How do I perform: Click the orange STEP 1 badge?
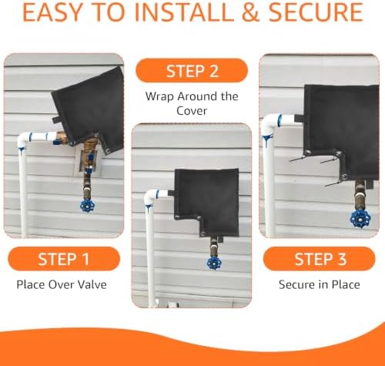64,259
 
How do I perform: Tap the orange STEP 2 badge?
192,71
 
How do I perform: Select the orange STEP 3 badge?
320,259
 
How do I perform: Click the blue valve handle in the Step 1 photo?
87,206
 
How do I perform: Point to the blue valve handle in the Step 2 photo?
214,263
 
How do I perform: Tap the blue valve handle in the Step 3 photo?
360,219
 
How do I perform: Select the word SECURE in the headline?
316,12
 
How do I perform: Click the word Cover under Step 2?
192,111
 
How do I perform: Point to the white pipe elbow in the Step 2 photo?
152,196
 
